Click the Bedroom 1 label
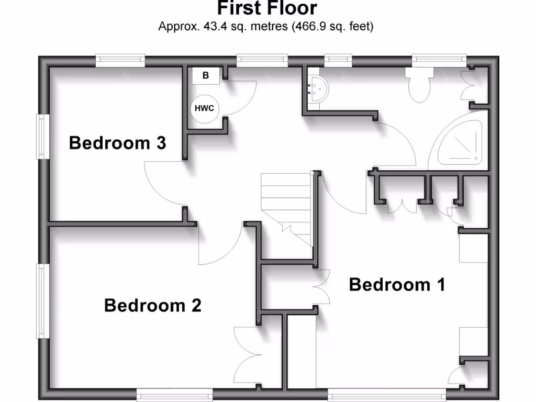[397, 285]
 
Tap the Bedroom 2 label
[153, 305]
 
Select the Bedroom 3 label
[117, 142]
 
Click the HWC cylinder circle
[204, 108]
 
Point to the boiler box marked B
[206, 75]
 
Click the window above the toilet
[439, 60]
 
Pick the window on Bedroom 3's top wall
[120, 60]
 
